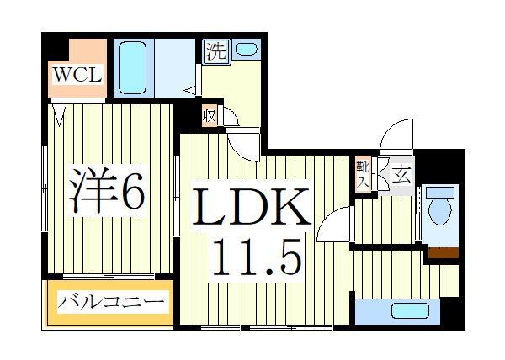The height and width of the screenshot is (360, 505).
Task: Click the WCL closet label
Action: click(x=78, y=75)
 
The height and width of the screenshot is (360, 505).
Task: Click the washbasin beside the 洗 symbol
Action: click(x=247, y=50)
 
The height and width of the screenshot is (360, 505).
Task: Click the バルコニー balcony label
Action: click(x=111, y=301)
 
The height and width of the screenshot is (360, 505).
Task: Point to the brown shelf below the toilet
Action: click(x=443, y=252)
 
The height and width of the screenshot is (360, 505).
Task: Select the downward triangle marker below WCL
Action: click(x=61, y=109)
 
